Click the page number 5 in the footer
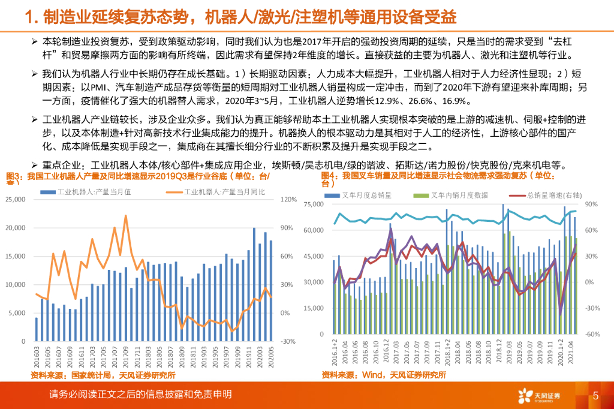(595, 395)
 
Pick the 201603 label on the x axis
(36, 355)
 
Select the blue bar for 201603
(36, 329)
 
